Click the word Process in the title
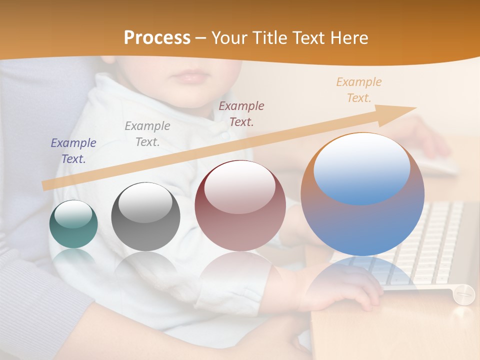click(157, 38)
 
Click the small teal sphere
click(73, 224)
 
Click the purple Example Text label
click(73, 151)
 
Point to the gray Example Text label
click(147, 134)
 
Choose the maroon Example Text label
click(241, 113)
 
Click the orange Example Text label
click(359, 90)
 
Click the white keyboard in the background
click(435, 235)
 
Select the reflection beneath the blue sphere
click(362, 280)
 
